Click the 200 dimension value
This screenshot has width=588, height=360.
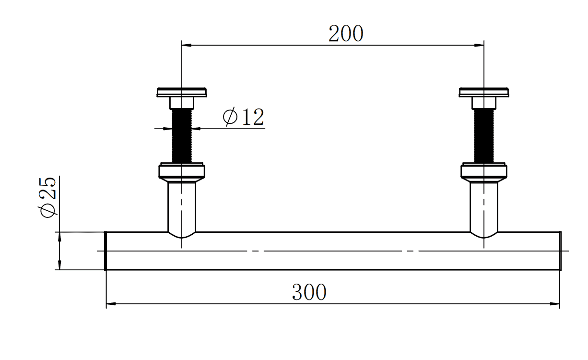click(x=346, y=34)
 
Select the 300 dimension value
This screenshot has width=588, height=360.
click(x=309, y=292)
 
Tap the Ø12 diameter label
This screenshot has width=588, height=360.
click(x=244, y=117)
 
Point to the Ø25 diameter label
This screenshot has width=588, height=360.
click(x=48, y=197)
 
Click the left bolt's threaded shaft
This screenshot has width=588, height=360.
click(x=182, y=135)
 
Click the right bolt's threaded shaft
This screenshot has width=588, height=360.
click(x=484, y=135)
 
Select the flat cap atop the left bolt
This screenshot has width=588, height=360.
click(x=182, y=92)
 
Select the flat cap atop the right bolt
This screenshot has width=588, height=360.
click(x=484, y=92)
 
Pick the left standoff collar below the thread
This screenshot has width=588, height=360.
click(x=182, y=171)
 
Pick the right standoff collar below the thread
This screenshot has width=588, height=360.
click(x=484, y=171)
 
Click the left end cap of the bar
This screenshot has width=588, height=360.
click(x=106, y=251)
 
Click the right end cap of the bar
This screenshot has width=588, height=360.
click(x=560, y=251)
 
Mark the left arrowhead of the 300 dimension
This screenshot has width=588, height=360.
click(x=111, y=304)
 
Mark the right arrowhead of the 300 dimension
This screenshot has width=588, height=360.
click(x=555, y=304)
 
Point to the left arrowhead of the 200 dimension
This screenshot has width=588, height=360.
click(x=187, y=45)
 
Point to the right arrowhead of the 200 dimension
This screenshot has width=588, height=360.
click(x=479, y=45)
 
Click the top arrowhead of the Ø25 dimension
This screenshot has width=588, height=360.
click(x=59, y=237)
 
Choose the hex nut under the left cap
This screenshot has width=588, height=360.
click(x=182, y=103)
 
